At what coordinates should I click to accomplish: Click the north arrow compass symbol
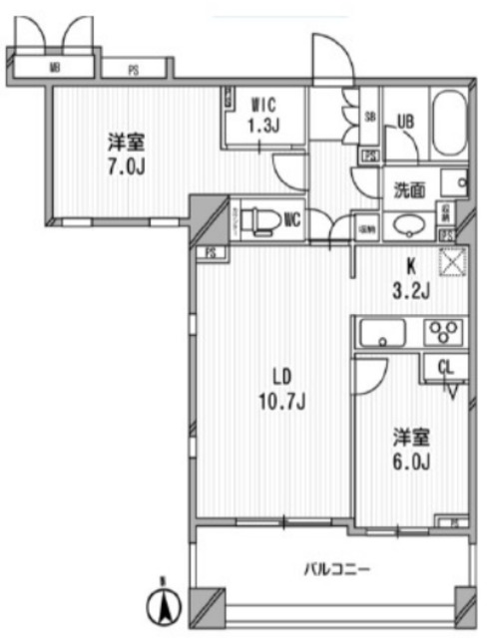pyautogui.click(x=167, y=603)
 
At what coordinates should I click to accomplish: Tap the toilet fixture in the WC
pyautogui.click(x=261, y=217)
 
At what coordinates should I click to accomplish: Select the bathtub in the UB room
pyautogui.click(x=450, y=127)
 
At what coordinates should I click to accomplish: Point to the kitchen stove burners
pyautogui.click(x=442, y=333)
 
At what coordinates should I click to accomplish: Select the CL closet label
pyautogui.click(x=444, y=366)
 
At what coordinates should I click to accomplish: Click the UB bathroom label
pyautogui.click(x=405, y=121)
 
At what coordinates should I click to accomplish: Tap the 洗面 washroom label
pyautogui.click(x=410, y=186)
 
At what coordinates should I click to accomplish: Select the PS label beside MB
pyautogui.click(x=134, y=70)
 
